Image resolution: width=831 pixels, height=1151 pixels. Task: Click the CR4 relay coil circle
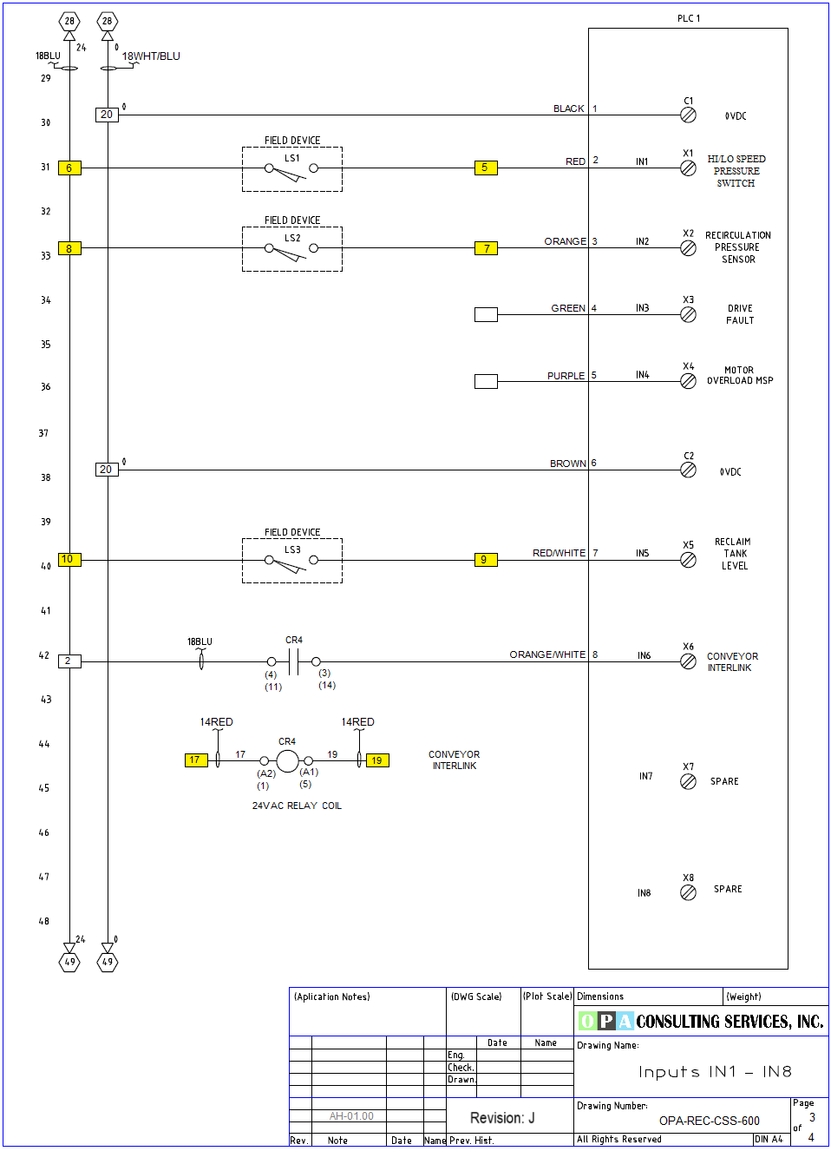click(x=287, y=761)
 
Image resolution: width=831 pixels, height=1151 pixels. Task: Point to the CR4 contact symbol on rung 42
click(x=293, y=662)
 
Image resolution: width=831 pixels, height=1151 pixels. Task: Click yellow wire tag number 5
click(x=486, y=168)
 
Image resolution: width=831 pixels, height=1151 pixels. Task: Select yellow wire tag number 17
click(x=195, y=760)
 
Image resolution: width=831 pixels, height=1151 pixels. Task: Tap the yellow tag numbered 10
click(x=69, y=559)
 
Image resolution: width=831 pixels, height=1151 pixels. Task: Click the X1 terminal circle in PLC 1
click(x=688, y=168)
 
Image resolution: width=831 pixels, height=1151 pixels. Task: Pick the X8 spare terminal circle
click(x=688, y=893)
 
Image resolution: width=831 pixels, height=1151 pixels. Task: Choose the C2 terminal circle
click(x=688, y=470)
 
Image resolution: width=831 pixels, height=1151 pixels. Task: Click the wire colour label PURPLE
click(x=566, y=376)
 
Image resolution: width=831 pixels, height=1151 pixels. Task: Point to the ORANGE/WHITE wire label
click(x=547, y=654)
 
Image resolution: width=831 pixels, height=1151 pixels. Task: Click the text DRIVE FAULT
click(x=740, y=314)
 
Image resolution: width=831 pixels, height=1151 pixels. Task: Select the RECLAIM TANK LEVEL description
click(x=734, y=554)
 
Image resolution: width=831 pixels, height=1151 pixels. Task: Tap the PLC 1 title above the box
click(x=689, y=18)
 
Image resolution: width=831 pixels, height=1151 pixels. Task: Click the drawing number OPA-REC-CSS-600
click(x=709, y=1121)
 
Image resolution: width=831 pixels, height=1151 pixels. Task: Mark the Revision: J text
click(x=502, y=1118)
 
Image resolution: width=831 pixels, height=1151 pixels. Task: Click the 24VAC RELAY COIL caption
click(x=297, y=806)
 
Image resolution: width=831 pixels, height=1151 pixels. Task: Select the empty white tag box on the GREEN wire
click(x=486, y=314)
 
